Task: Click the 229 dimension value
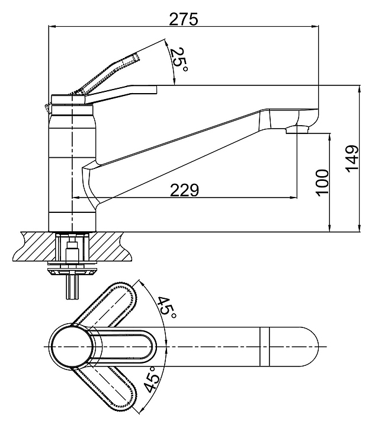185,190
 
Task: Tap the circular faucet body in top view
70,346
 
